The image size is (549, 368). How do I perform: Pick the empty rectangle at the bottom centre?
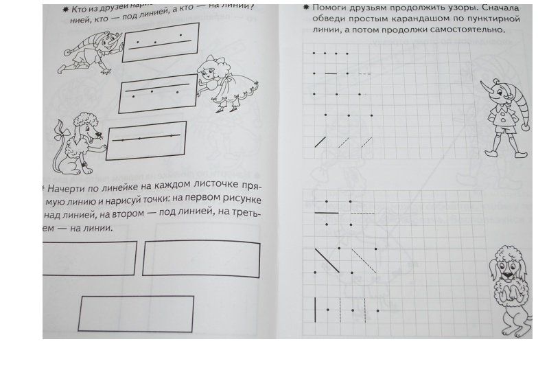(x=136, y=313)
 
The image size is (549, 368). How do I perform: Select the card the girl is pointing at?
(x=159, y=97)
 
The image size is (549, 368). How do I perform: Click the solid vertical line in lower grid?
(x=316, y=310)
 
